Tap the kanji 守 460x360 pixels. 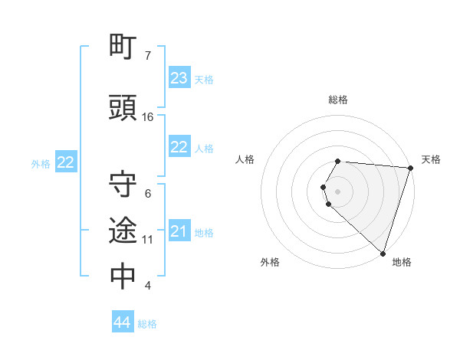pyautogui.click(x=123, y=185)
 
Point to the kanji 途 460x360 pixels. pyautogui.click(x=123, y=230)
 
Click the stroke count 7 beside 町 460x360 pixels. pyautogui.click(x=148, y=56)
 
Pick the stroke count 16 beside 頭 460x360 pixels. pyautogui.click(x=148, y=117)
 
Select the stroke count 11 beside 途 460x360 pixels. pyautogui.click(x=148, y=240)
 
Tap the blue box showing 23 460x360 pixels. pyautogui.click(x=179, y=78)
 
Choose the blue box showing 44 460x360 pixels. pyautogui.click(x=123, y=322)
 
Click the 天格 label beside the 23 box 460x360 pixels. pyautogui.click(x=204, y=80)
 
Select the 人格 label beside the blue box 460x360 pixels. pyautogui.click(x=204, y=149)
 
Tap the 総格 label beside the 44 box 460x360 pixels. pyautogui.click(x=147, y=324)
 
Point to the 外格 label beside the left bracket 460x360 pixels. pyautogui.click(x=41, y=163)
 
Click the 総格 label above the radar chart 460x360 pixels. pyautogui.click(x=338, y=100)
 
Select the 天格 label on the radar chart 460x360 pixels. pyautogui.click(x=431, y=159)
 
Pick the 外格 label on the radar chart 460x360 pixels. pyautogui.click(x=270, y=262)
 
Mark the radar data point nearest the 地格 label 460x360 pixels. pyautogui.click(x=383, y=253)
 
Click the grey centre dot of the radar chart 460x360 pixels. pyautogui.click(x=338, y=189)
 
